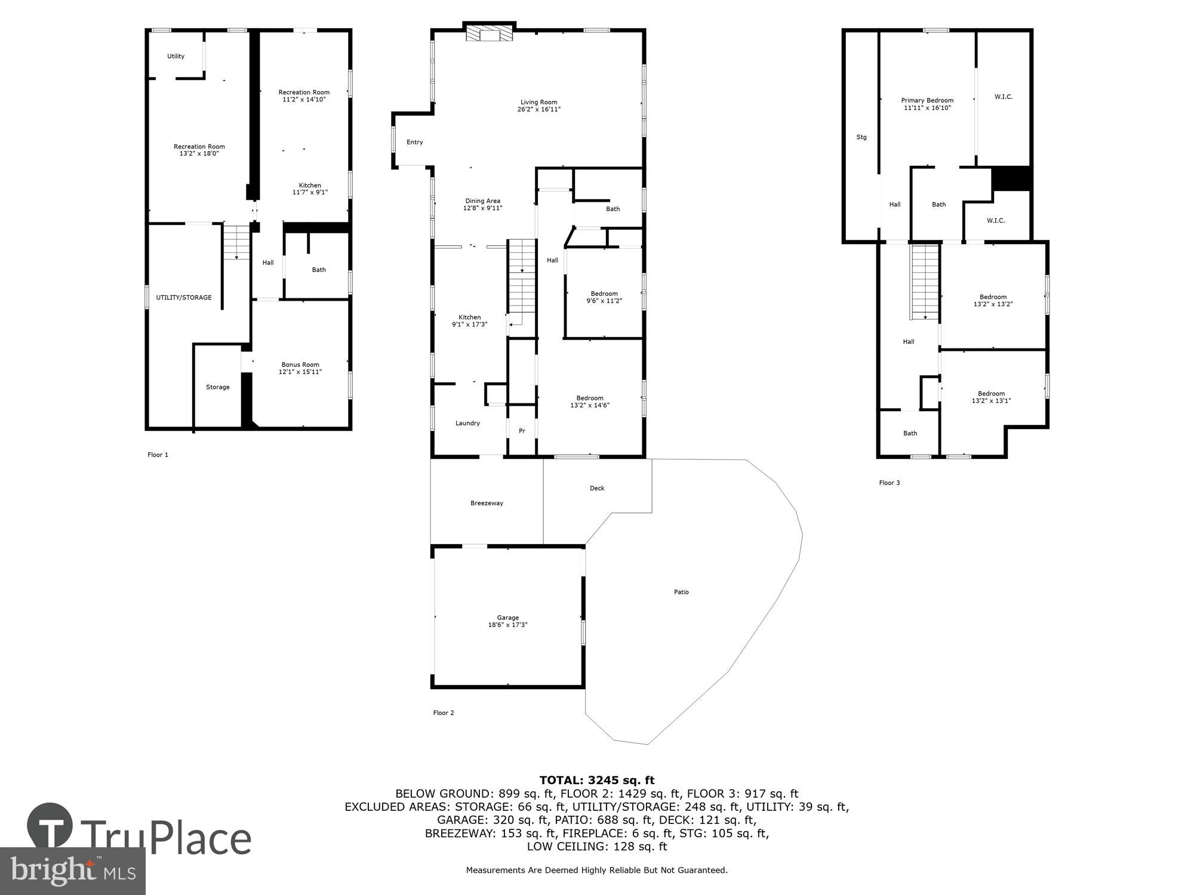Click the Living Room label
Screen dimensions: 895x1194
pyautogui.click(x=538, y=102)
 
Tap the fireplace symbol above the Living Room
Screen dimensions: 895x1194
pyautogui.click(x=490, y=33)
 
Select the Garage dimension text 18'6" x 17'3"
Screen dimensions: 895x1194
pyautogui.click(x=507, y=625)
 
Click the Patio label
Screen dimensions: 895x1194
pyautogui.click(x=681, y=592)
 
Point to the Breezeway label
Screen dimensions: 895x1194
pyautogui.click(x=487, y=503)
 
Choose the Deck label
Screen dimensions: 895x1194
pyautogui.click(x=597, y=488)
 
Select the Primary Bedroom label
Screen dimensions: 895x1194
pyautogui.click(x=927, y=100)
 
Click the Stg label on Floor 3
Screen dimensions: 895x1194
pyautogui.click(x=861, y=137)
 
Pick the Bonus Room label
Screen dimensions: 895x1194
pyautogui.click(x=300, y=365)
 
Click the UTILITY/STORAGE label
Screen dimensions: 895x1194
pyautogui.click(x=184, y=297)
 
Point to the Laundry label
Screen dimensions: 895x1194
pyautogui.click(x=467, y=423)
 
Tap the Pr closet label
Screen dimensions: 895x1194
pyautogui.click(x=522, y=431)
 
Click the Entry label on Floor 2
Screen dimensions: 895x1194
pyautogui.click(x=414, y=142)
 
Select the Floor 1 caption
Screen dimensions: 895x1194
pyautogui.click(x=158, y=455)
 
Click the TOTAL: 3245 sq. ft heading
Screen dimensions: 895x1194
pyautogui.click(x=597, y=780)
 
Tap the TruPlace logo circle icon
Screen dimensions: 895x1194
pyautogui.click(x=51, y=826)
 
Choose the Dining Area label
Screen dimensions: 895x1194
pyautogui.click(x=482, y=201)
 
